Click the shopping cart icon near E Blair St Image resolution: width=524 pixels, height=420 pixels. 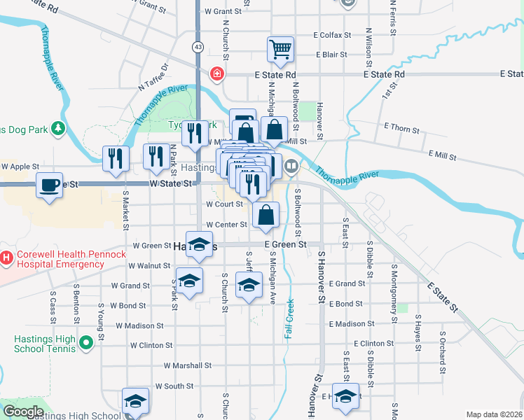point(280,49)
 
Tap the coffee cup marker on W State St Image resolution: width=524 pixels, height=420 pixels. point(49,185)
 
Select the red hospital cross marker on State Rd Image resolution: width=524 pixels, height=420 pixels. point(217,73)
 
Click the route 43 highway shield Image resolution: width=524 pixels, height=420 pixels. point(198,48)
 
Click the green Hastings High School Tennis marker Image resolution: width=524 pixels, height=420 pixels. point(86,343)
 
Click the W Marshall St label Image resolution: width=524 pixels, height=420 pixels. point(188,365)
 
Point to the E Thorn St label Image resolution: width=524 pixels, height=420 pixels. point(402,129)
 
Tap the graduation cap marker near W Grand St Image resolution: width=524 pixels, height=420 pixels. point(188,281)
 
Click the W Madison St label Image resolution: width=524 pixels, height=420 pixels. point(139,325)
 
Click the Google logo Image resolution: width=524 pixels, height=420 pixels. point(22,412)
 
